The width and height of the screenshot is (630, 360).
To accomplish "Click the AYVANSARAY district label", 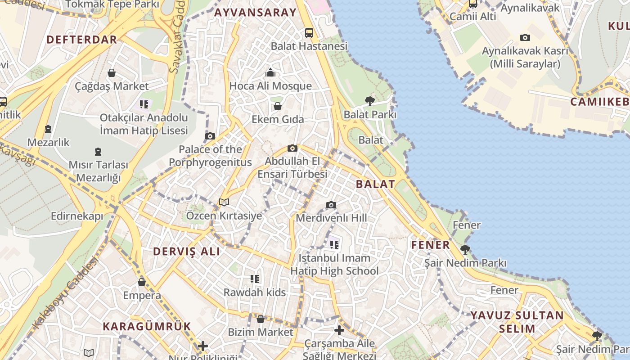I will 255,13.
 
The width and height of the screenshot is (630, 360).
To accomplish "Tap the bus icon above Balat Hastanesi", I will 309,32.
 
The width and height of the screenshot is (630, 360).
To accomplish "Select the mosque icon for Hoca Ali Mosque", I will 270,72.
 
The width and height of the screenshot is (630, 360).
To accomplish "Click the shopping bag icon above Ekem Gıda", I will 278,106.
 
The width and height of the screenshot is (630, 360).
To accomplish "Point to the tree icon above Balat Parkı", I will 370,101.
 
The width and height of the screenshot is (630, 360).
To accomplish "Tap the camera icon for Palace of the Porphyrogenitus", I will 210,136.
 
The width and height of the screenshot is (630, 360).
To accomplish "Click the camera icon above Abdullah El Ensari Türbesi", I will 292,148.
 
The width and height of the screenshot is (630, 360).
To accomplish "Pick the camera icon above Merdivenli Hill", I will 331,205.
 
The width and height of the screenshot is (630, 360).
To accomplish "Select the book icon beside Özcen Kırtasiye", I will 224,202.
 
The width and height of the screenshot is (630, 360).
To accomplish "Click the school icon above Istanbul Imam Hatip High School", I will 334,244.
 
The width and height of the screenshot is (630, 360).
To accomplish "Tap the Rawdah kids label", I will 255,292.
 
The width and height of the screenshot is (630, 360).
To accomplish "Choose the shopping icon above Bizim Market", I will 260,319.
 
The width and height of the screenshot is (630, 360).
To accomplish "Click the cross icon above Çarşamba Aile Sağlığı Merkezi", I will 339,331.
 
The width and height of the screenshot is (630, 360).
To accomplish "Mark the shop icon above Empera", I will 142,282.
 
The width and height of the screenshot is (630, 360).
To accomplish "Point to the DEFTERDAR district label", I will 82,40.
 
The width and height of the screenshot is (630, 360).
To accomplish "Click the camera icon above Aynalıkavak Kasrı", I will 525,38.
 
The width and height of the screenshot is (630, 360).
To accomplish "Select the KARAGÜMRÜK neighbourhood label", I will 147,326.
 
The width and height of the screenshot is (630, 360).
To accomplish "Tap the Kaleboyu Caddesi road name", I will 65,293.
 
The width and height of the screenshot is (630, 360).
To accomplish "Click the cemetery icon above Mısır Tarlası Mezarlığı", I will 98,152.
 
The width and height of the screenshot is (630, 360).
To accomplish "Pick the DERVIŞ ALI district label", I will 187,252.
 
